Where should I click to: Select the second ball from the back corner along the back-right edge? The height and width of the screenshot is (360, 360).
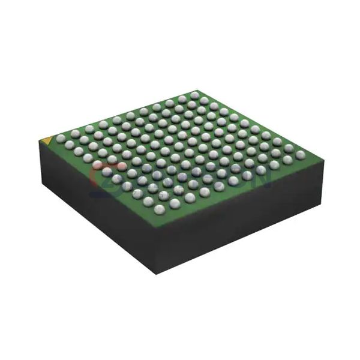205,101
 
